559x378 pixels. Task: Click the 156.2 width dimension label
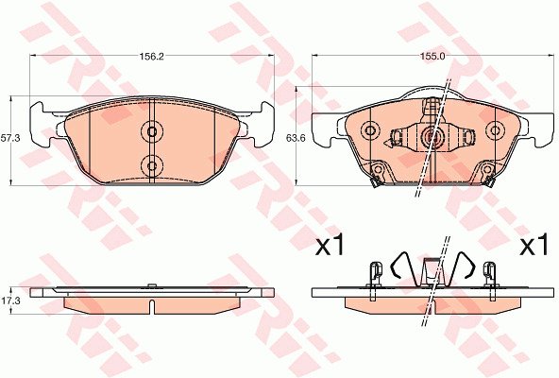point(151,57)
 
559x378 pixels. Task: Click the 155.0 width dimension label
point(433,57)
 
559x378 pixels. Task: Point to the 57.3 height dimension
point(9,139)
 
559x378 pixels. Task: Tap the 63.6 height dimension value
point(296,139)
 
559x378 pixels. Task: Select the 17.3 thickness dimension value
point(9,301)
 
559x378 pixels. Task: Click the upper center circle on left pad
point(152,131)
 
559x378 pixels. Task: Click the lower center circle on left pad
point(152,165)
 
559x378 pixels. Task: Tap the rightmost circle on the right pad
point(495,130)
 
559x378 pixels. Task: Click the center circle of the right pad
point(432,135)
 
